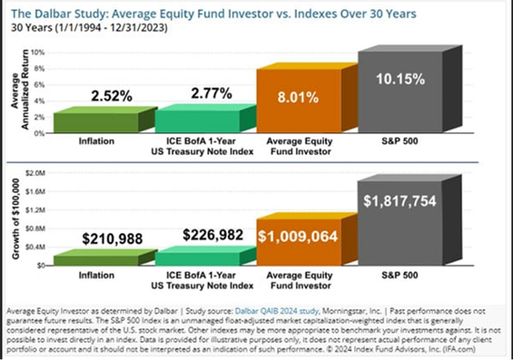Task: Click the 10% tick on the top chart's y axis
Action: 38,52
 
